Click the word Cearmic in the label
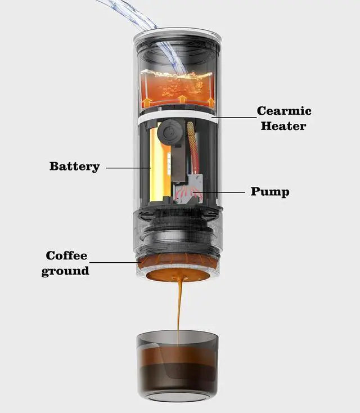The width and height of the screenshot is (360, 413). (284, 111)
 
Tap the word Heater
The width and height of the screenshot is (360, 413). (283, 125)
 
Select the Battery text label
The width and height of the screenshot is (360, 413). (74, 167)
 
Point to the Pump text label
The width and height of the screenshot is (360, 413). (270, 192)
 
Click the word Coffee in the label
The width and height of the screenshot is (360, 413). (67, 256)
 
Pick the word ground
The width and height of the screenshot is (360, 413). (65, 271)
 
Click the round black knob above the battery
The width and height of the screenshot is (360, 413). (167, 134)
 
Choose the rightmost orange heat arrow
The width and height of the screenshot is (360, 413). (210, 102)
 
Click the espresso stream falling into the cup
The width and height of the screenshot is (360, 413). (179, 307)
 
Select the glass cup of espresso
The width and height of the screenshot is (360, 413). (177, 363)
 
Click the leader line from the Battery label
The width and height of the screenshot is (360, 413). (128, 167)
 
